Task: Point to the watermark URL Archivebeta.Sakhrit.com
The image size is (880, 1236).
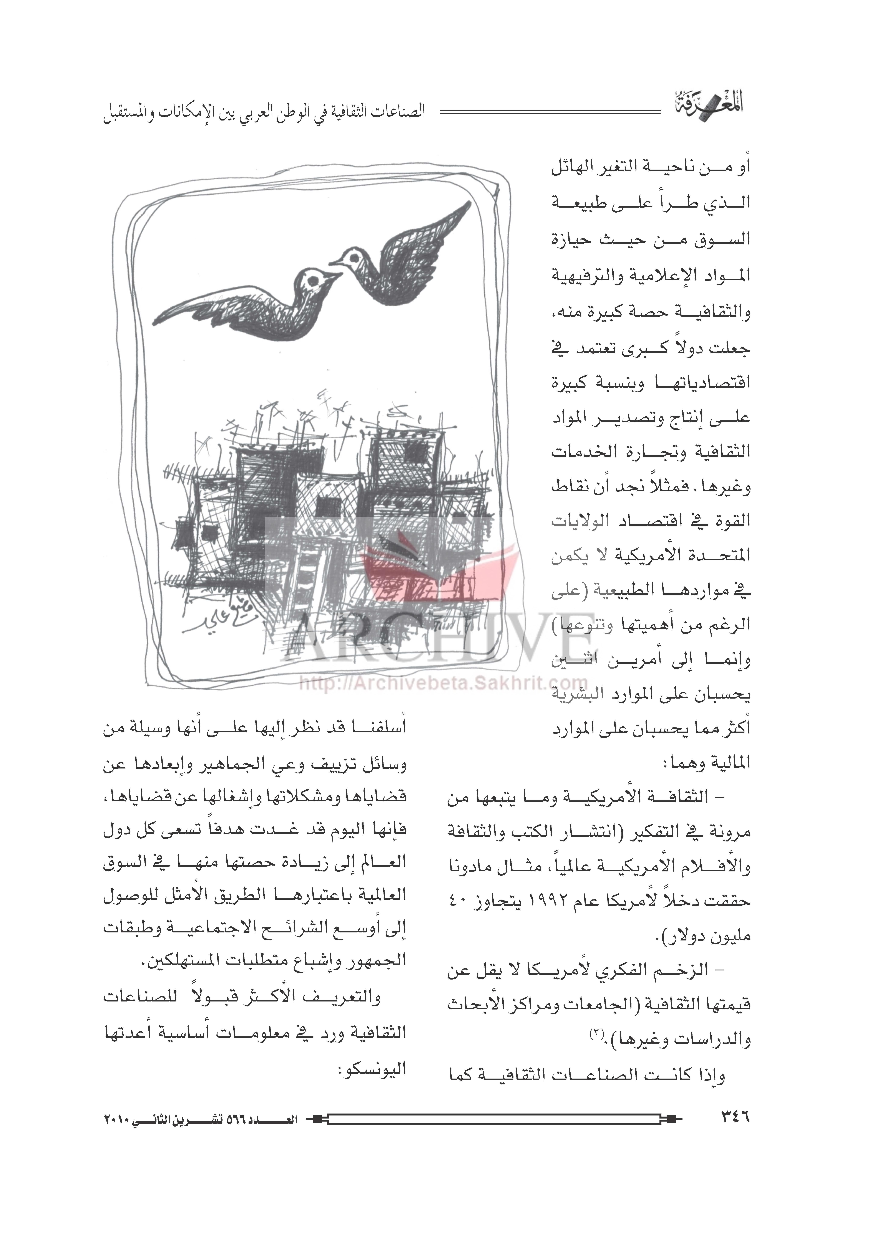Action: (x=443, y=684)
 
